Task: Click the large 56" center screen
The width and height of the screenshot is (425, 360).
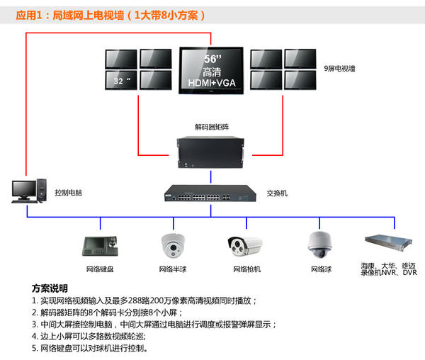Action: tap(212, 69)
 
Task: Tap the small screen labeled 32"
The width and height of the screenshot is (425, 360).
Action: tap(121, 79)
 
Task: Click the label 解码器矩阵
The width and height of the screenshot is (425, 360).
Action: tap(212, 128)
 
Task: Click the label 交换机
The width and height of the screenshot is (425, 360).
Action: tap(277, 193)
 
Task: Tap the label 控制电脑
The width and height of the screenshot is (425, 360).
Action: tap(69, 193)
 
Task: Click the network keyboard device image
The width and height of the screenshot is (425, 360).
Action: tap(99, 245)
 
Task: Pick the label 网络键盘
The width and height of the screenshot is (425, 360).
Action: tap(100, 269)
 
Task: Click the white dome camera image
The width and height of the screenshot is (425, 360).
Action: tap(173, 244)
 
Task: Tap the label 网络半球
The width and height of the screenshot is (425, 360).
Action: tap(173, 269)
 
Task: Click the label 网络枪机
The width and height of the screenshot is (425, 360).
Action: tap(246, 269)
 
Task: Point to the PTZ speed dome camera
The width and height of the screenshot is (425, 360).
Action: tap(319, 243)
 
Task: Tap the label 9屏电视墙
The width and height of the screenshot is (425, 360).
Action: tap(340, 69)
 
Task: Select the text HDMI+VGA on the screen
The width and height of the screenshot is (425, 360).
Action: tap(212, 84)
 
